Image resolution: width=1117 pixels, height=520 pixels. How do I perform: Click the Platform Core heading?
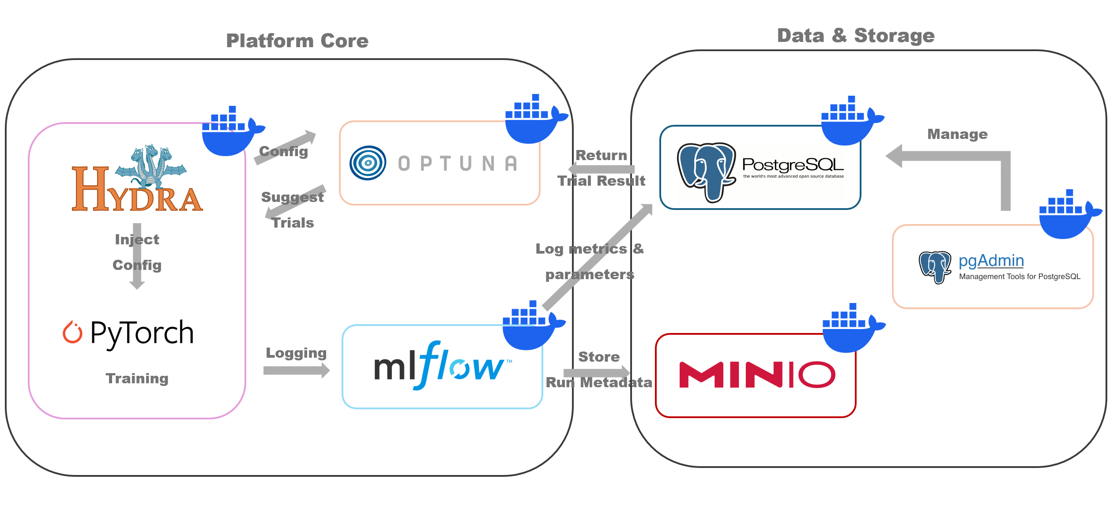pos(297,41)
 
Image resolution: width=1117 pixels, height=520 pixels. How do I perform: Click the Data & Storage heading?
pos(856,35)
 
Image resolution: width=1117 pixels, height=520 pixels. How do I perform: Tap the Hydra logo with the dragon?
pos(137,179)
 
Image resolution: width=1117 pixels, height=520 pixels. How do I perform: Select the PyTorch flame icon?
pos(72,332)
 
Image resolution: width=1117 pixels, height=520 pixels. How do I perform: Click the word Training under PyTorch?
pos(137,378)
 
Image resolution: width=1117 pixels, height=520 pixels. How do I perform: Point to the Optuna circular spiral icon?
pos(368,163)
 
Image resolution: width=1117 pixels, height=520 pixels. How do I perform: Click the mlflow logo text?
pos(441,366)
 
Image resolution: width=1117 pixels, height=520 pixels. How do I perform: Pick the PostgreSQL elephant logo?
pos(706,172)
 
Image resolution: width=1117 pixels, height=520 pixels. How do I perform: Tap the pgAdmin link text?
pos(991,261)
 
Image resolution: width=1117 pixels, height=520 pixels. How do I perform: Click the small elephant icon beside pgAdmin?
pos(935,266)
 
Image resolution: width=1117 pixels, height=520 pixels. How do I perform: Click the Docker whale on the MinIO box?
pos(852,329)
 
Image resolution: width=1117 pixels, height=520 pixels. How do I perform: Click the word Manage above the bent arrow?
pos(957,134)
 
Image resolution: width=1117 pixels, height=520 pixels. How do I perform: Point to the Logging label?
pos(296,353)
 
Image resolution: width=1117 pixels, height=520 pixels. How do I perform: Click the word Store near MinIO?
pos(599,356)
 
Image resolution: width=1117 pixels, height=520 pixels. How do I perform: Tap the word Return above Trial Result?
pos(601,155)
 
